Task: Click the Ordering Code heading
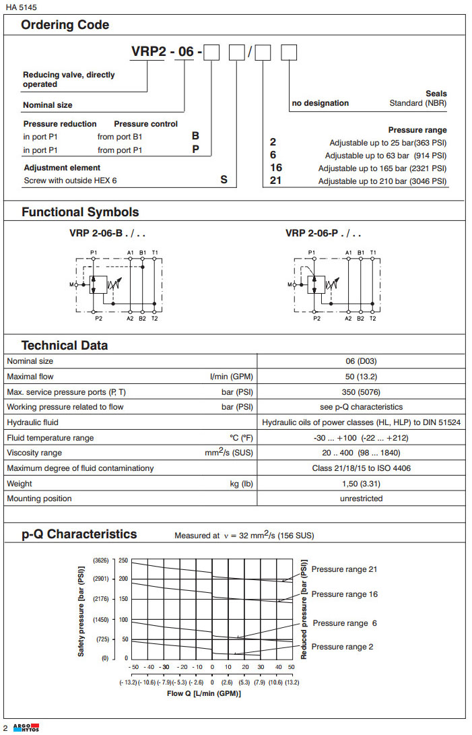(x=65, y=26)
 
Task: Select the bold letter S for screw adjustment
(x=224, y=181)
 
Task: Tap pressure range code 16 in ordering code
(x=275, y=168)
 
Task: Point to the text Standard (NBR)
(x=417, y=104)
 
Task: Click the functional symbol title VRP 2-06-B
(x=107, y=234)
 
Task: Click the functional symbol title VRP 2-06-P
(x=323, y=234)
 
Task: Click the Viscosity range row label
(x=34, y=453)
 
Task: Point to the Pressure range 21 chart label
(x=344, y=569)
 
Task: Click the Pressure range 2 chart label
(x=341, y=647)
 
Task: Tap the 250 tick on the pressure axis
(x=123, y=561)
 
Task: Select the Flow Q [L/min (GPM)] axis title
(x=203, y=693)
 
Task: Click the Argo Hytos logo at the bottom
(x=26, y=728)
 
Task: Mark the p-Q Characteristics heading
(x=79, y=534)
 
